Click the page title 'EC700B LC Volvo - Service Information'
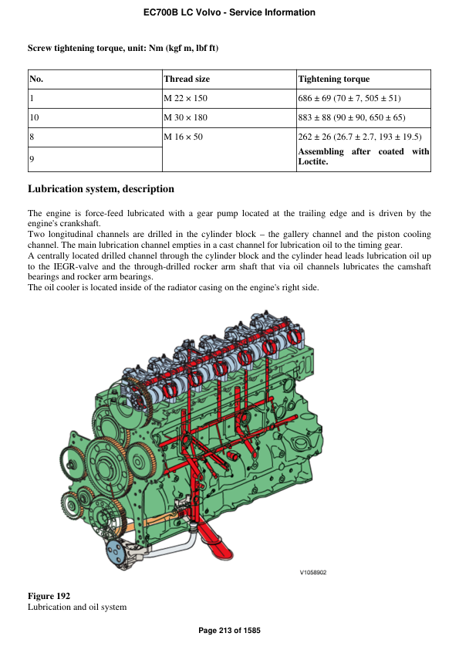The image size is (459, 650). pyautogui.click(x=229, y=12)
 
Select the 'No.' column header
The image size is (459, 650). pyautogui.click(x=36, y=79)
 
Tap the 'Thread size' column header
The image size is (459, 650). pyautogui.click(x=187, y=79)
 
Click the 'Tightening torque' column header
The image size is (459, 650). pyautogui.click(x=333, y=79)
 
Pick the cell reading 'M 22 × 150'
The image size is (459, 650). pyautogui.click(x=186, y=99)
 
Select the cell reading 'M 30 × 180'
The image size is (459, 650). pyautogui.click(x=186, y=118)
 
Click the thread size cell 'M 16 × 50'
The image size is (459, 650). pyautogui.click(x=183, y=137)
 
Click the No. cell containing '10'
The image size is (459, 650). pyautogui.click(x=34, y=118)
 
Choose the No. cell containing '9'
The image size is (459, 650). pyautogui.click(x=32, y=159)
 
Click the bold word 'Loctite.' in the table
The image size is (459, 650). pyautogui.click(x=313, y=162)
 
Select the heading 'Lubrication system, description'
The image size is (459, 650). pyautogui.click(x=101, y=189)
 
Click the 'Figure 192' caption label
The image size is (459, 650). pyautogui.click(x=49, y=596)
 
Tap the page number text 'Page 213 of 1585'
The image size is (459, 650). pyautogui.click(x=229, y=631)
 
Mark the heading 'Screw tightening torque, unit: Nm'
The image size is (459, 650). pyautogui.click(x=123, y=48)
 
